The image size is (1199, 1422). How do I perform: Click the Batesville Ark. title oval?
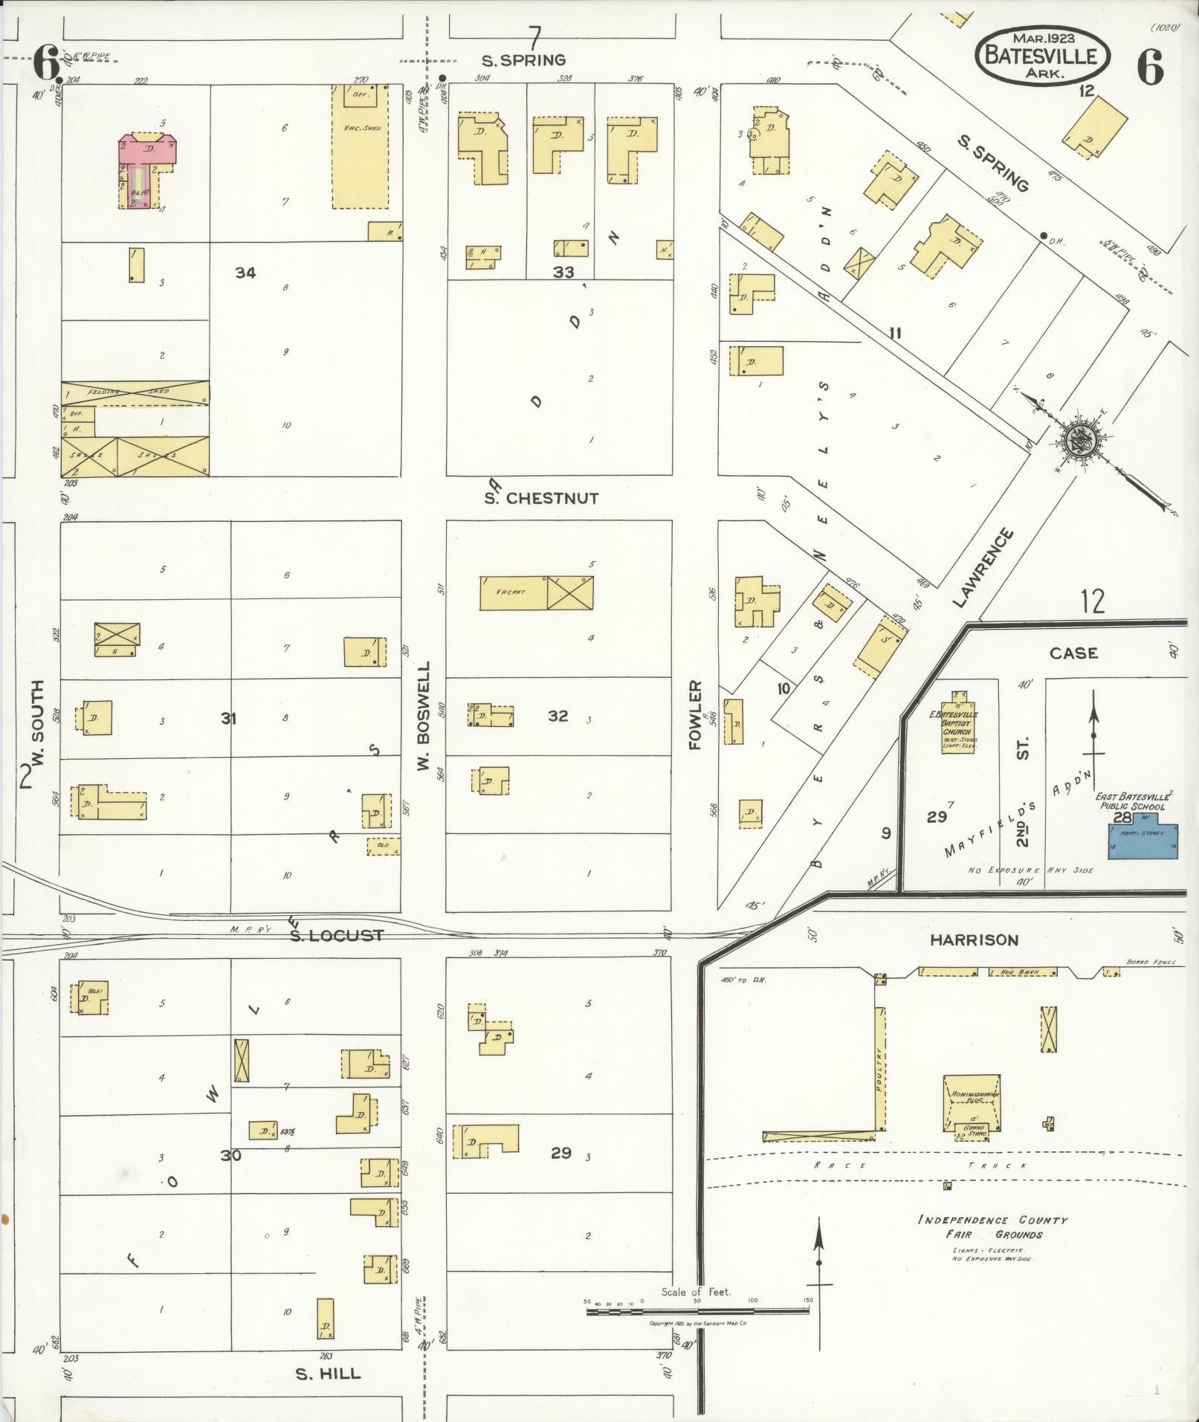point(1042,56)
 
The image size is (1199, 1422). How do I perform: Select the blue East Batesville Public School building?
point(1142,841)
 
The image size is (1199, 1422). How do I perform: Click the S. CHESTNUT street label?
point(540,499)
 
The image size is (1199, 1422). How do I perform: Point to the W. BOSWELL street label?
point(424,715)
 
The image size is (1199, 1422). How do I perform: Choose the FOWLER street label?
point(696,715)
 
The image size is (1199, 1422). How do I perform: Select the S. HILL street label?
point(328,1374)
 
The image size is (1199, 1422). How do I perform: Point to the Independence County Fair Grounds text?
point(992,1227)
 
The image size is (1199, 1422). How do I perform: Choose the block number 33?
point(563,272)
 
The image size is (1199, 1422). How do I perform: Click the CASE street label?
point(1073,653)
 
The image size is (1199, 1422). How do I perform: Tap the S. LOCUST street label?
point(336,935)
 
